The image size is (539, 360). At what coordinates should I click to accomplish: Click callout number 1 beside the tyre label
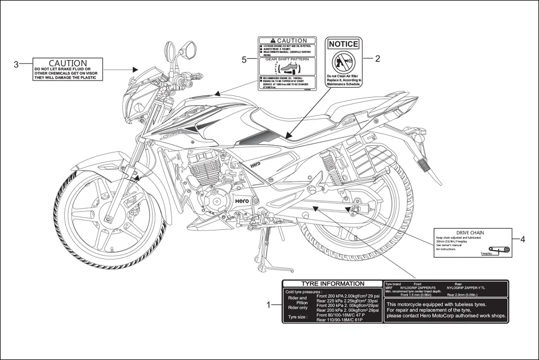(268, 305)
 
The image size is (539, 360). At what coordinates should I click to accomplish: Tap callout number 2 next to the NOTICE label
(377, 59)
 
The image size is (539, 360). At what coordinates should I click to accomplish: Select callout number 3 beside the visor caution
(16, 64)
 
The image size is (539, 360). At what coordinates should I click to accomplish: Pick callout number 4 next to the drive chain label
(522, 239)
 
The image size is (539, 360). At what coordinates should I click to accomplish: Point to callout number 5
(244, 60)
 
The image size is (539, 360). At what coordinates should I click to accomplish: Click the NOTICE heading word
(344, 44)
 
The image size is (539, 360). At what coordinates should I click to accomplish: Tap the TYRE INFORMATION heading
(333, 284)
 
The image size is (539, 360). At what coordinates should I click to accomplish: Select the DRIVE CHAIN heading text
(470, 233)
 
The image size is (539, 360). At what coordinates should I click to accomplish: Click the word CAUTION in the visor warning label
(68, 64)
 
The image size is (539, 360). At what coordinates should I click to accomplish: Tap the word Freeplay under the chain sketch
(486, 253)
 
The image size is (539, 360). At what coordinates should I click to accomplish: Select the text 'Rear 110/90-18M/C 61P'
(339, 320)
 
